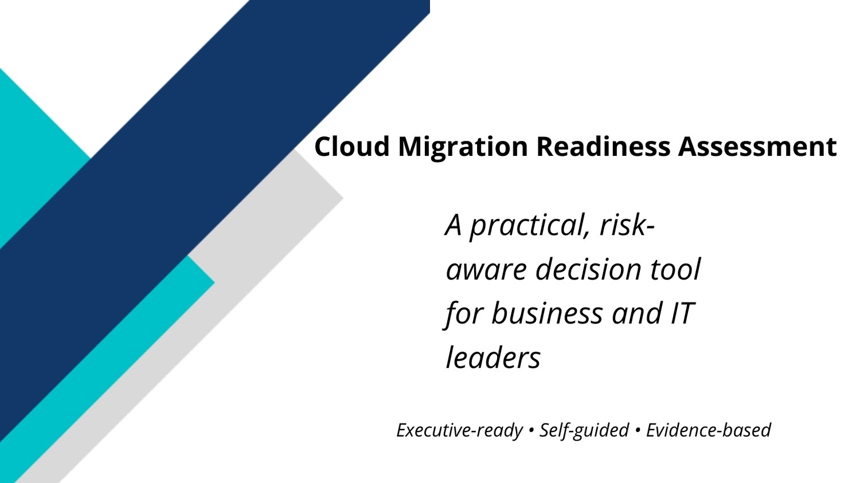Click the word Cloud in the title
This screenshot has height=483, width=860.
click(352, 146)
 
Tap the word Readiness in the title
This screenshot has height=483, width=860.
click(603, 146)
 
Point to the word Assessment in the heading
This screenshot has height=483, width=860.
click(757, 146)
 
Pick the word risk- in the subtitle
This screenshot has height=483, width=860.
click(627, 225)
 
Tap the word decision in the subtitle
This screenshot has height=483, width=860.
click(588, 269)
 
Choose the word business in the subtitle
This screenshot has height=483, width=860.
click(547, 313)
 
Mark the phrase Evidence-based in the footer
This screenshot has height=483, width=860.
click(708, 430)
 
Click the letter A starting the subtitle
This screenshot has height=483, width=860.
click(454, 225)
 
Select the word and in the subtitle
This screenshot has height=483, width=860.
click(634, 313)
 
